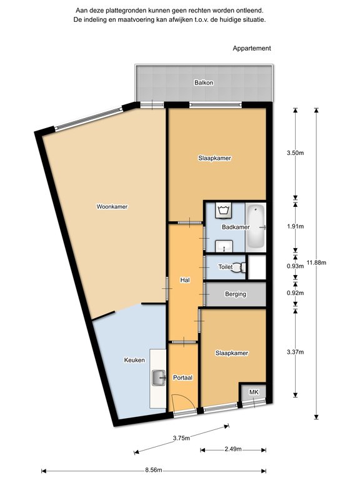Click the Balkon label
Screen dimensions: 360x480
coord(204,82)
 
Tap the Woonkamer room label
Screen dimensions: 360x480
coord(112,207)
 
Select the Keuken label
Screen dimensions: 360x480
coord(134,360)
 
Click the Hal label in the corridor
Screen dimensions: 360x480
coord(185,280)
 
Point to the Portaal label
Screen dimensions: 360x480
coord(182,377)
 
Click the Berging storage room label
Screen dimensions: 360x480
coord(236,294)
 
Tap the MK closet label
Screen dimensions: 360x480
coord(254,392)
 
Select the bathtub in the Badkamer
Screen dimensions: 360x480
coord(256,227)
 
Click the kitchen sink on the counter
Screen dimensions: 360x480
coord(159,377)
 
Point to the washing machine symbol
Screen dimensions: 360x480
coord(223,211)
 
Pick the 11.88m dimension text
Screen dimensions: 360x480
coord(316,262)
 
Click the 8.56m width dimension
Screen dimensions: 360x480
coord(154,470)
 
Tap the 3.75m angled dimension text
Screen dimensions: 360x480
coord(181,438)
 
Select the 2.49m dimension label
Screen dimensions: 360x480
coord(233,449)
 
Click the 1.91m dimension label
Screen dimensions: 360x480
coord(296,226)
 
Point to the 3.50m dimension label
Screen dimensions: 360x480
coord(296,152)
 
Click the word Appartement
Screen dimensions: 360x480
coord(252,48)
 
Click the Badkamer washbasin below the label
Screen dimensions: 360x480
coord(224,246)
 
